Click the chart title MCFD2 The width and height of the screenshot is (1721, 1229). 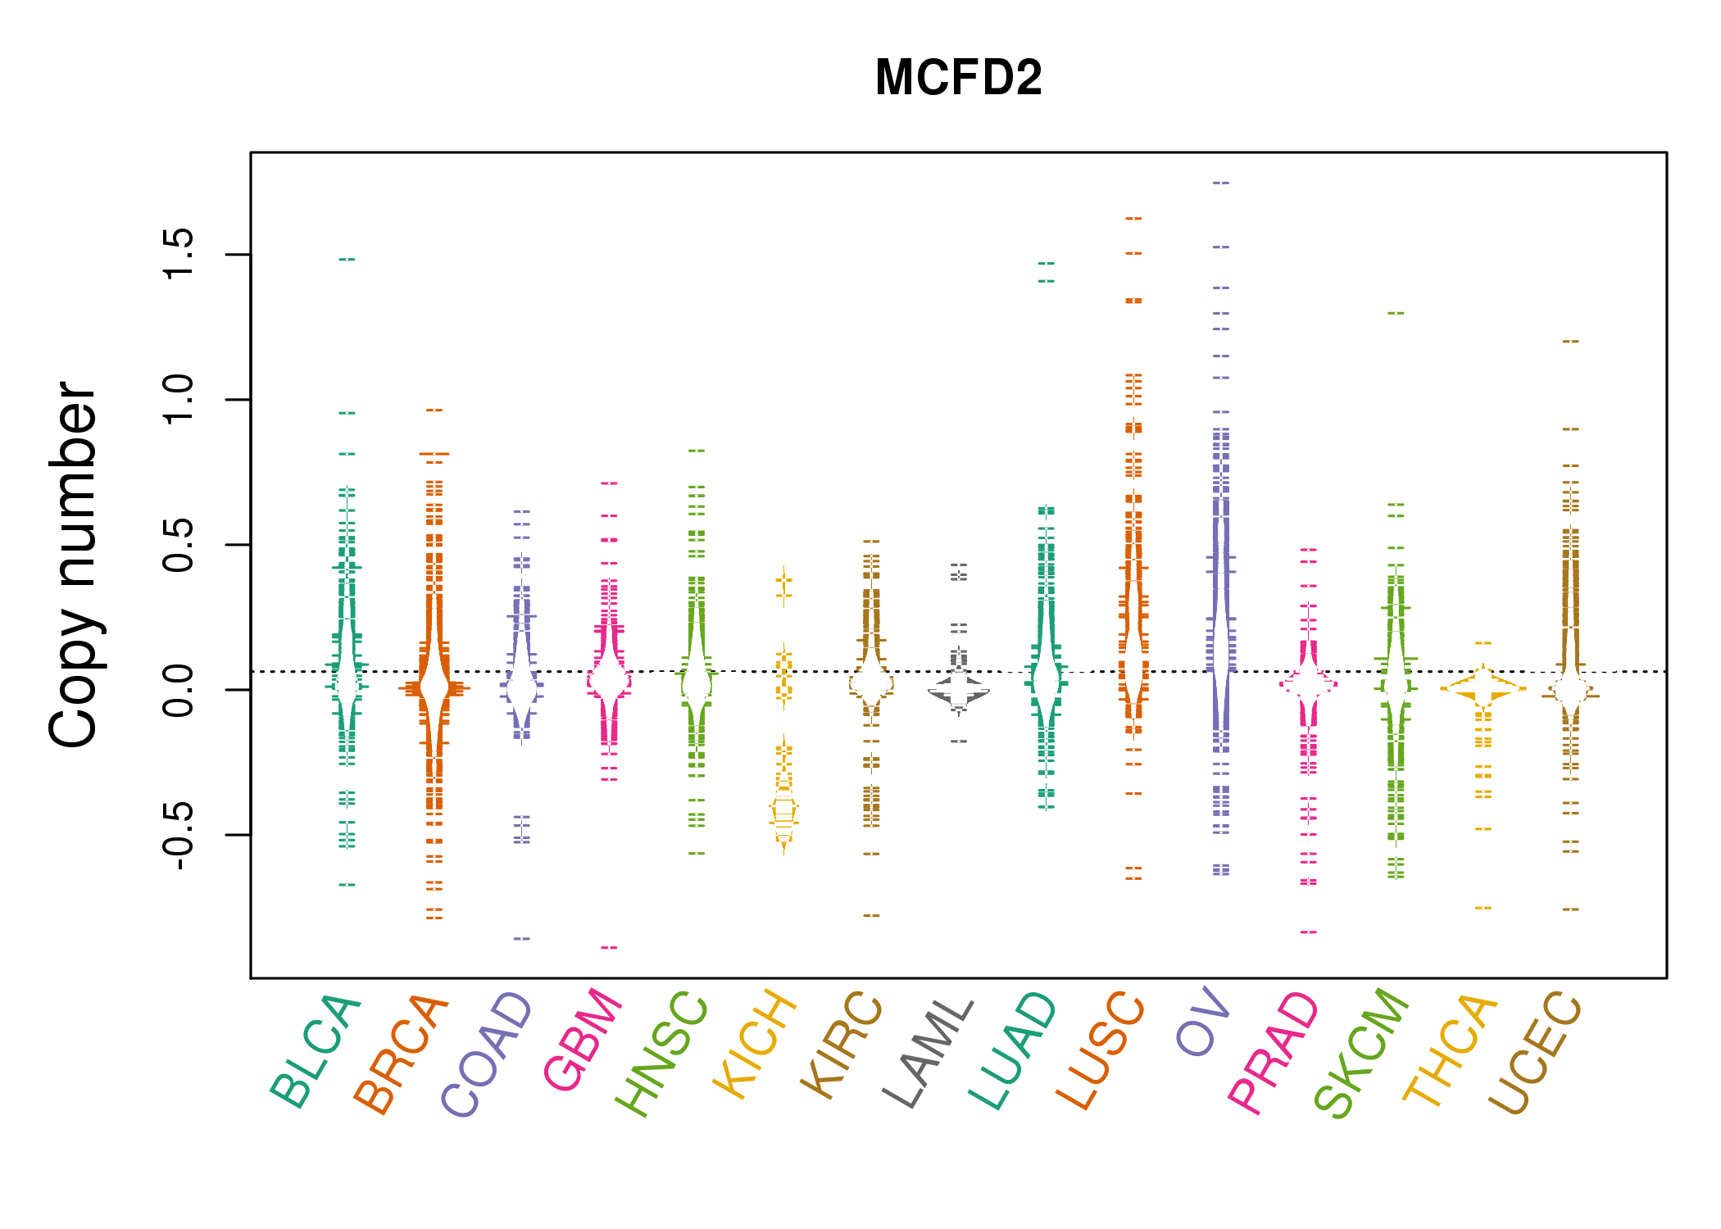point(958,78)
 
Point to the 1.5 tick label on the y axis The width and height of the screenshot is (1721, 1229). point(179,254)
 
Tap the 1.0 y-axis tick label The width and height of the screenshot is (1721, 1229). point(179,400)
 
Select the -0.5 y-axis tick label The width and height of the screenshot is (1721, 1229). point(179,834)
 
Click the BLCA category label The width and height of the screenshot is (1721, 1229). point(316,1053)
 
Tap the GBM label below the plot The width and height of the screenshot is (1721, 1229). point(584,1041)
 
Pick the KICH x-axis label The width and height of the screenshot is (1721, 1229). point(756,1045)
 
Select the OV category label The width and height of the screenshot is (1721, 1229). point(1203,1024)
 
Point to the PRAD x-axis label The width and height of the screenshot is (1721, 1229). point(1274,1054)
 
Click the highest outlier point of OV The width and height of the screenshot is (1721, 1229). point(1221,183)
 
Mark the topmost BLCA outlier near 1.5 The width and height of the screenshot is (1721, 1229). point(347,260)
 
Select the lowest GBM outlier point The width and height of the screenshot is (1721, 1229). point(609,948)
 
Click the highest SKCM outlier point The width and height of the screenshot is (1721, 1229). point(1396,313)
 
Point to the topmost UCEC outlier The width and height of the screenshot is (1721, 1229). point(1570,341)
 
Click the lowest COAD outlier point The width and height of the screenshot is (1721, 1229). point(522,938)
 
